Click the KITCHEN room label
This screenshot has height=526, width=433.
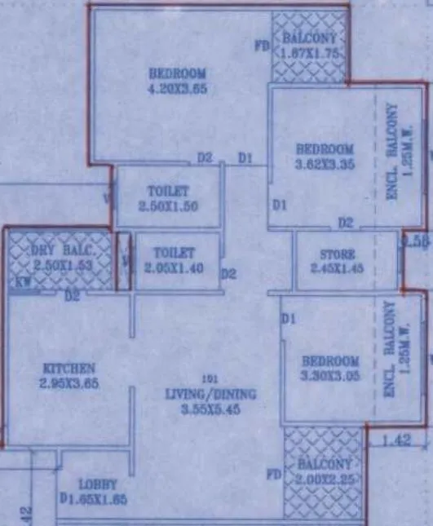point(70,369)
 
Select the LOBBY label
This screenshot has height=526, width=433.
point(98,484)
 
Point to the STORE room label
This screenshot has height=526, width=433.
point(337,254)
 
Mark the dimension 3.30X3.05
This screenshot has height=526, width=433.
point(329,377)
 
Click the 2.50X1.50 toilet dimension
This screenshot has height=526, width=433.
point(168,206)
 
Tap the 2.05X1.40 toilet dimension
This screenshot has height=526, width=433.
point(173,267)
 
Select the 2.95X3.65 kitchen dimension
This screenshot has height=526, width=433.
point(70,383)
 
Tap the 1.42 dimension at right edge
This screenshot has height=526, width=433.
point(400,442)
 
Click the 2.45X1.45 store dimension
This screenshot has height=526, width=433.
point(337,268)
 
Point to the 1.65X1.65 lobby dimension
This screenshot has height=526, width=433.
point(100,499)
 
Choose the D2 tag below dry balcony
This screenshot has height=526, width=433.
point(73,296)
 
